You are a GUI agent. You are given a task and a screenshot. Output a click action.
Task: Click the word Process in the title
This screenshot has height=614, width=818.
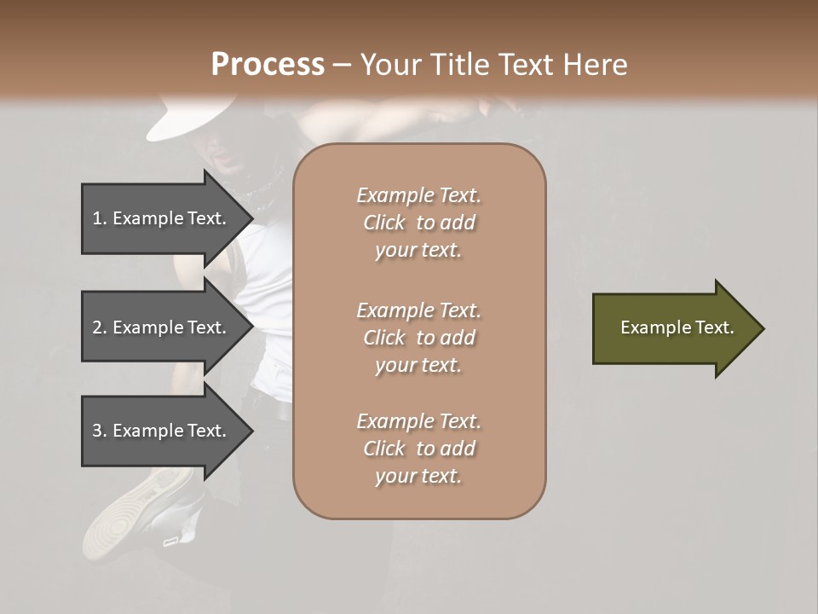tap(268, 65)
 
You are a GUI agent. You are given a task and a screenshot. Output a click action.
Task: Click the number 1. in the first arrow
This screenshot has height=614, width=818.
tap(100, 218)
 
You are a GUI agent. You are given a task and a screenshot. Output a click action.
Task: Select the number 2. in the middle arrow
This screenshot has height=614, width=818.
tap(100, 327)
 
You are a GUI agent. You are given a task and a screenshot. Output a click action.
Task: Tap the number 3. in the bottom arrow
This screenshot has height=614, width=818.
tap(100, 431)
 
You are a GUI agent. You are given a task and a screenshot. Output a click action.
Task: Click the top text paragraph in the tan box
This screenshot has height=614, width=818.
tap(418, 223)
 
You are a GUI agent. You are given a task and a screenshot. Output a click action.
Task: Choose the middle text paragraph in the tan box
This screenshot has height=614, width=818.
tap(418, 338)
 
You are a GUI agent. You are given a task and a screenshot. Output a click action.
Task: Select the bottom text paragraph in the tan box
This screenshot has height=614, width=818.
tap(418, 449)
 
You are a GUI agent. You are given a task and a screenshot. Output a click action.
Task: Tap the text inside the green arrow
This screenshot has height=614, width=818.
tap(677, 327)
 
